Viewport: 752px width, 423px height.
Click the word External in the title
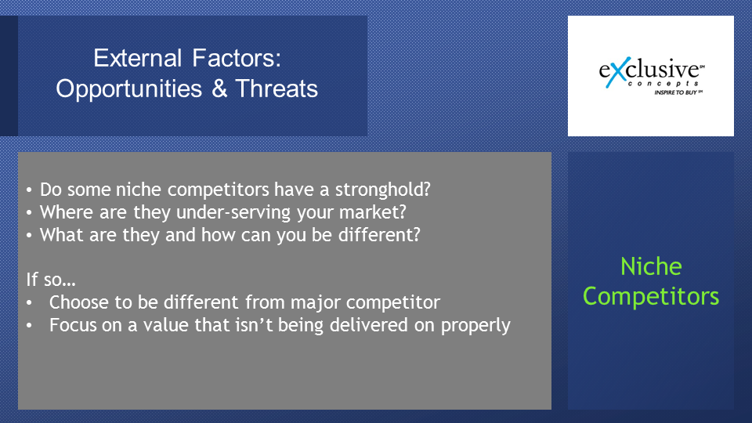[x=138, y=58]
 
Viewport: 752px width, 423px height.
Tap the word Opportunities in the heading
[x=129, y=89]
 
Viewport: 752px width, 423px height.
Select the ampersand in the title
[x=219, y=89]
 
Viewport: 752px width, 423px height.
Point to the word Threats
[x=277, y=89]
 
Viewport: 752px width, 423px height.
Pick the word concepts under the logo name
[x=663, y=84]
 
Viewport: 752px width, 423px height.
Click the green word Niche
[x=651, y=266]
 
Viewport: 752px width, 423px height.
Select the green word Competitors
[x=651, y=296]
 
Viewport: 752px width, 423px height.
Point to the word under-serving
[x=233, y=212]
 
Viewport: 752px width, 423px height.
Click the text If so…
[x=51, y=279]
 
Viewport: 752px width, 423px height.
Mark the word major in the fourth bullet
[x=316, y=302]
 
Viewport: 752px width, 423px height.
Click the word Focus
[x=73, y=325]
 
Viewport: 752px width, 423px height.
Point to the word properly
[x=475, y=326]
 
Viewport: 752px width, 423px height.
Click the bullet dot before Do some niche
[x=29, y=190]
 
